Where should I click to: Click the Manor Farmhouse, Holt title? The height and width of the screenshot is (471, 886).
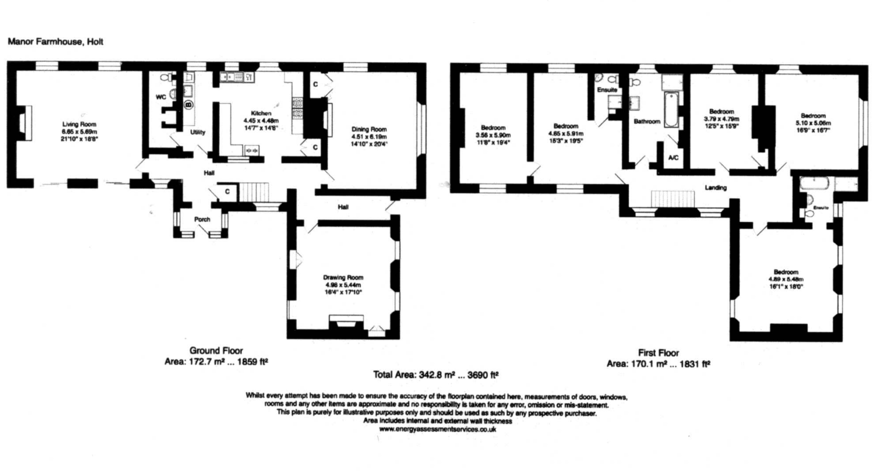56,41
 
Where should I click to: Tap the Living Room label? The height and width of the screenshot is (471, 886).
79,124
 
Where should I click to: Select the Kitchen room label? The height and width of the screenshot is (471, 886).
261,113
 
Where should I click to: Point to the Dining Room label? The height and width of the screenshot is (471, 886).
369,129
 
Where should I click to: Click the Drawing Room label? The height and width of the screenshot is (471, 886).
343,277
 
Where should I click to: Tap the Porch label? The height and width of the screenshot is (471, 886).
202,219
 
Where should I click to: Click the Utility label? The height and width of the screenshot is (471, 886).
198,132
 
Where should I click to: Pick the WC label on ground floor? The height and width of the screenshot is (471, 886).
161,97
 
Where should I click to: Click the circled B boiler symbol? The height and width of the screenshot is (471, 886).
188,105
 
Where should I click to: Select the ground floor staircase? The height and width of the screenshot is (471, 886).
254,192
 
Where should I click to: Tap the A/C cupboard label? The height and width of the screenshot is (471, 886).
673,157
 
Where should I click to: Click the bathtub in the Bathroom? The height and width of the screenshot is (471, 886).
671,109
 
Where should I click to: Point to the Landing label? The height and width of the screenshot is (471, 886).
715,187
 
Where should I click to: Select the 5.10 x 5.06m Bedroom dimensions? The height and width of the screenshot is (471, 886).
813,123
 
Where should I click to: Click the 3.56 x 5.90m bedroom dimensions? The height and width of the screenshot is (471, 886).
493,135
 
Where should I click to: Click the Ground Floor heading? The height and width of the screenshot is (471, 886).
216,350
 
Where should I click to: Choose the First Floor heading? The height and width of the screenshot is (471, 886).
658,352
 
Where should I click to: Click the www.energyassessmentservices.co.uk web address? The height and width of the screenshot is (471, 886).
437,429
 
